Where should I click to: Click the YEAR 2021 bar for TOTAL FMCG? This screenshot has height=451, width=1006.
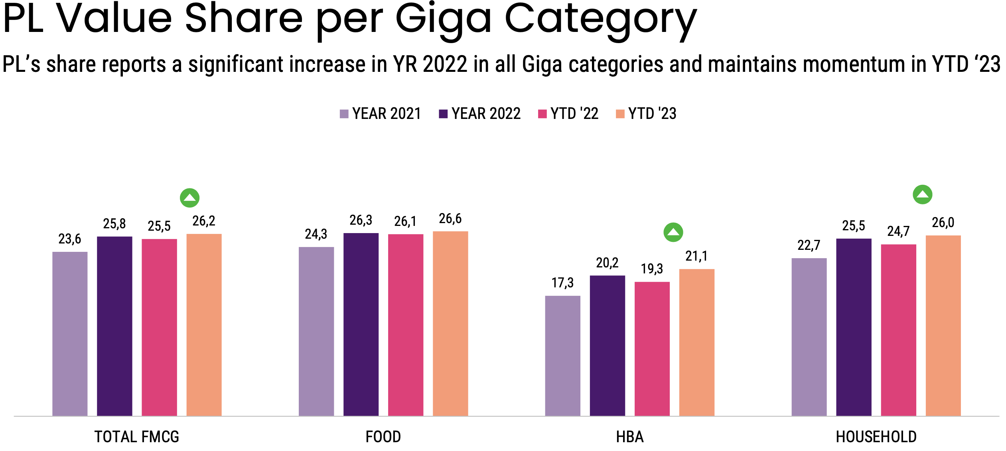(70, 334)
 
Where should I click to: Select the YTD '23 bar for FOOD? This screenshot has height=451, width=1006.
(450, 323)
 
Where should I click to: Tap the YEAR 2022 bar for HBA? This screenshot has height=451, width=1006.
(608, 346)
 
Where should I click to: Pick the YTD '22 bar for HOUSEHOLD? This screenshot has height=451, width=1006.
(899, 330)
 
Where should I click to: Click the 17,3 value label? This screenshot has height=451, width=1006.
(562, 283)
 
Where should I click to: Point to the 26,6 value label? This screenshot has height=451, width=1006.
(450, 219)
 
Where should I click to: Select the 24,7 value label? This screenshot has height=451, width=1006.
(898, 231)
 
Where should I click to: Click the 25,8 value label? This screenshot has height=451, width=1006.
(114, 224)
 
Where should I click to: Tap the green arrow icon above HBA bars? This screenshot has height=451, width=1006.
(673, 232)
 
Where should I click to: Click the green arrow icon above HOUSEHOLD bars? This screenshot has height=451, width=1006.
(923, 195)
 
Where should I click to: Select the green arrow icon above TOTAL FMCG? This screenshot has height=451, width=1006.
(189, 198)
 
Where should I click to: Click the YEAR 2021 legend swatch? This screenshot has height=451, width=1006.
(344, 114)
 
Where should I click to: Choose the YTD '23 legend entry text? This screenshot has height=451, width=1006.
(652, 114)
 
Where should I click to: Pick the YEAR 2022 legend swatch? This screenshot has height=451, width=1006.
(443, 114)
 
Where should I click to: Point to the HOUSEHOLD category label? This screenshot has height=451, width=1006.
(876, 437)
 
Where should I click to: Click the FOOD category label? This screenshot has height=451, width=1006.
(383, 437)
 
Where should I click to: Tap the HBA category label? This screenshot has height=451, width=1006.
(629, 437)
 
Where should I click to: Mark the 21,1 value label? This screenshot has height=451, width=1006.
(696, 256)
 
